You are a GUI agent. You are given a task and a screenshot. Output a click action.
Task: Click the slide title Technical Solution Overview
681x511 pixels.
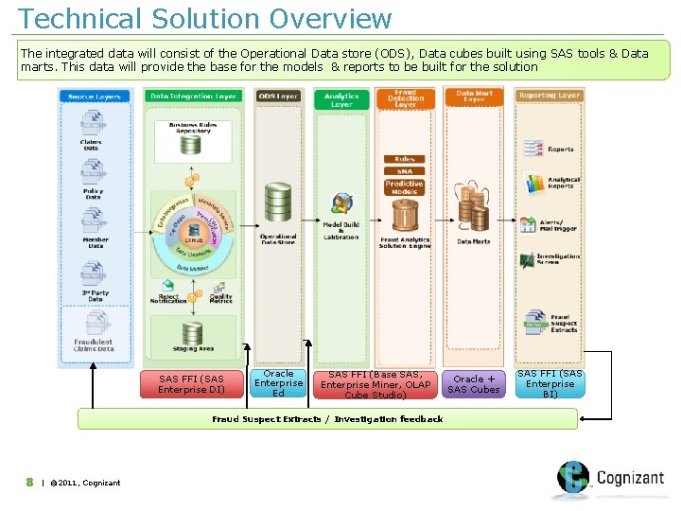tap(204, 18)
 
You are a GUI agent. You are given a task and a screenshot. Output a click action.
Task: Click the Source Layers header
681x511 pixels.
tap(95, 97)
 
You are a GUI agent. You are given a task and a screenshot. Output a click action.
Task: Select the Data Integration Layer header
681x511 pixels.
tap(194, 97)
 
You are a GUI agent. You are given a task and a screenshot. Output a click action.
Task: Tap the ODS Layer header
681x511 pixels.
tap(278, 97)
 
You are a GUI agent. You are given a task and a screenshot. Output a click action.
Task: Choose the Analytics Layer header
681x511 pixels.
tap(341, 99)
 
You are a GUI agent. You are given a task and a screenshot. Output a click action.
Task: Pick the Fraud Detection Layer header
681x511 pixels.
tap(406, 97)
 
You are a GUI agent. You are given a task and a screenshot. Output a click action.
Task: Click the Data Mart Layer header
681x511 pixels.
tap(474, 97)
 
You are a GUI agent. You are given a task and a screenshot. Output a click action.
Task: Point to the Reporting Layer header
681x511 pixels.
tap(550, 96)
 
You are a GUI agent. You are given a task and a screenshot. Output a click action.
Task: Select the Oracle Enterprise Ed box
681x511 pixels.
tap(278, 383)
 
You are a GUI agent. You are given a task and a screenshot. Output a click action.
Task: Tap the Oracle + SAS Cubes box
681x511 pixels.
tap(474, 384)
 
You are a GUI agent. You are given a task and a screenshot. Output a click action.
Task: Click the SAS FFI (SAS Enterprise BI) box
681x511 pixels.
tap(550, 384)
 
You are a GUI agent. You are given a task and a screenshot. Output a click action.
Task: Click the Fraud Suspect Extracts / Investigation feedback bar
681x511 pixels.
tap(327, 418)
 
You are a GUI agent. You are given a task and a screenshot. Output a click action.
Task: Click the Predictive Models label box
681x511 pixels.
tap(404, 187)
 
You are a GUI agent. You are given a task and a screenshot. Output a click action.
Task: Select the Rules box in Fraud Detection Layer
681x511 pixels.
tap(404, 159)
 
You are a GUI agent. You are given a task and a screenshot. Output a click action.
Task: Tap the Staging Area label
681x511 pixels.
tap(192, 349)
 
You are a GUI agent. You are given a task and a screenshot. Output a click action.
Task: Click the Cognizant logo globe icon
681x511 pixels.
tap(572, 478)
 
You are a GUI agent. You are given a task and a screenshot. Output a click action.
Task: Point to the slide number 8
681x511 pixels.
tap(30, 483)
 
